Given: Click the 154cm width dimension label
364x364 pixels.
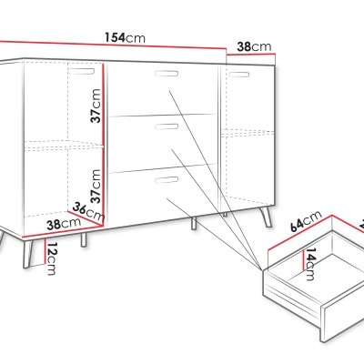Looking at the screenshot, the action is (125, 37).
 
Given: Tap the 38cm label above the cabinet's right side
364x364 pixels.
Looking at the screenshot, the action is (254, 46).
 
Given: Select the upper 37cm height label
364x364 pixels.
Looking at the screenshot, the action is (96, 106).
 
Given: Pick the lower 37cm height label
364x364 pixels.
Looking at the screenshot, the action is (96, 187).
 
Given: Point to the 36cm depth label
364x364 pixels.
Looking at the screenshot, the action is (88, 212).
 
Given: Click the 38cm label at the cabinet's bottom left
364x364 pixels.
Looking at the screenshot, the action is (64, 224).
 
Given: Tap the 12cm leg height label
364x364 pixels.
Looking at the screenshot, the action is (52, 258).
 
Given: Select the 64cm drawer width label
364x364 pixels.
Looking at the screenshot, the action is (306, 221).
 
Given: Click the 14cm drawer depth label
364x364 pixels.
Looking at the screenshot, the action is (310, 264).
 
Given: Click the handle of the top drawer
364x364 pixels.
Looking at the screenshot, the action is (167, 73).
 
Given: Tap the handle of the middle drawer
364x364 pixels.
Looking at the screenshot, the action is (167, 126).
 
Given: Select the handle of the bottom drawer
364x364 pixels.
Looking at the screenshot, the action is (167, 180).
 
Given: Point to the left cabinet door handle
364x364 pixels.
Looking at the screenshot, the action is (81, 71).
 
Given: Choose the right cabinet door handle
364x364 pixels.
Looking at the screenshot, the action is (239, 75).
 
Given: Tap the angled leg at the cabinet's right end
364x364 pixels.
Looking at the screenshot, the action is (267, 217).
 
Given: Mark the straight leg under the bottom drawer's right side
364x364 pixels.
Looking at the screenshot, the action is (193, 223).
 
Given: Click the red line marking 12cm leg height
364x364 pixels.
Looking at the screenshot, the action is (45, 251).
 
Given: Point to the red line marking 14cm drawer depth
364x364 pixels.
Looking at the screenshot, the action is (303, 260).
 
